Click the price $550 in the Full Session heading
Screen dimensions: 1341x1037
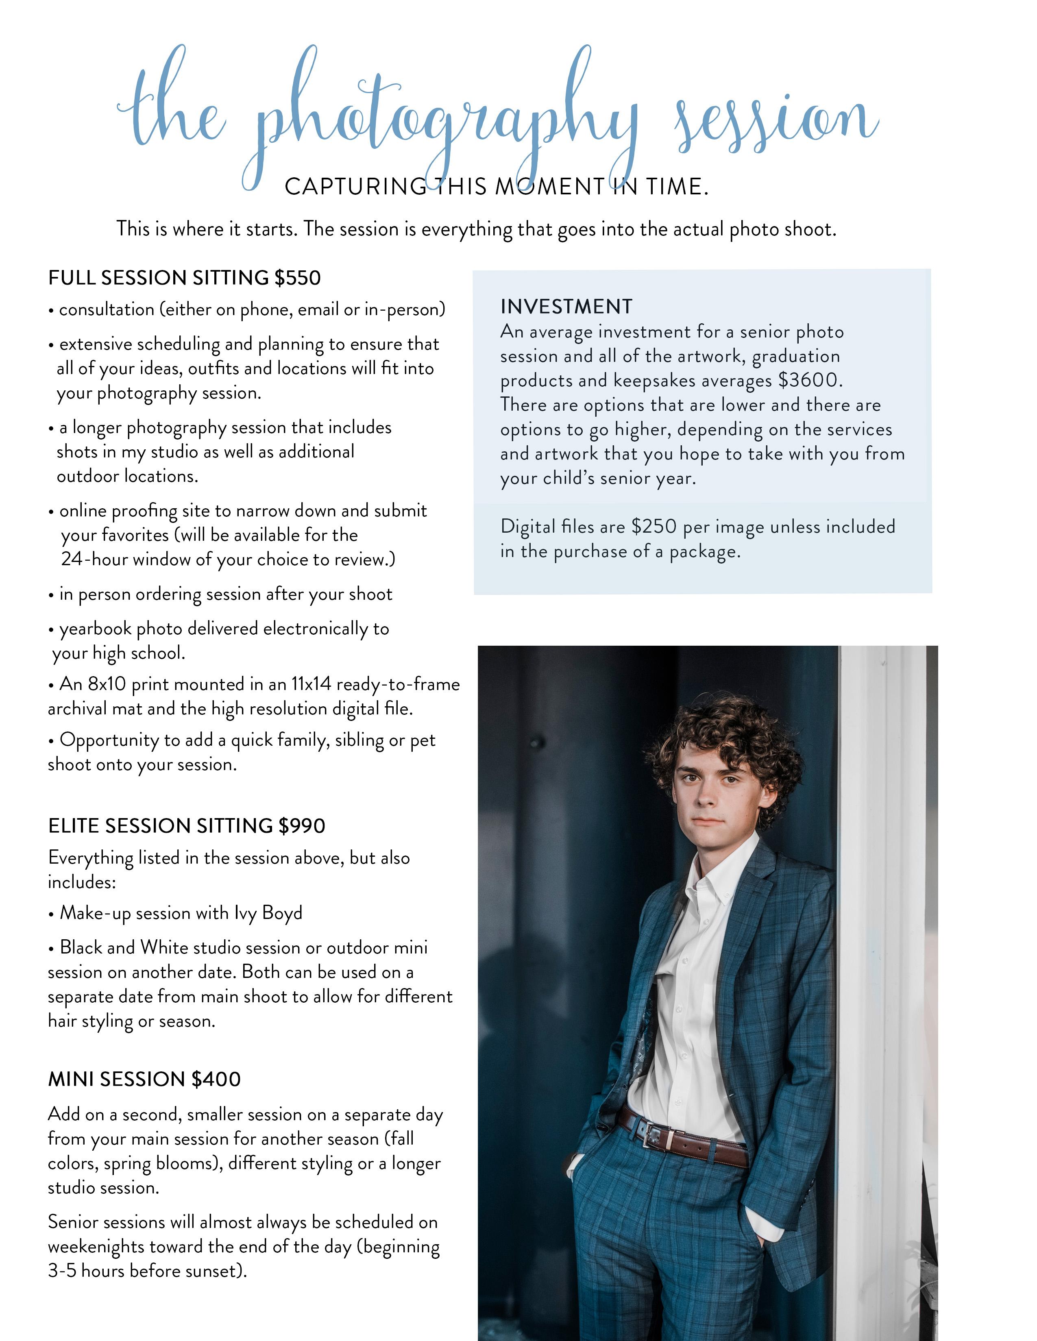pos(297,278)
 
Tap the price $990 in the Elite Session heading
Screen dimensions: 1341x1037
pos(301,826)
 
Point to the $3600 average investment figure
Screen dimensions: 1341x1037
pos(809,380)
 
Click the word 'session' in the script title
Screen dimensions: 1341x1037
pos(777,120)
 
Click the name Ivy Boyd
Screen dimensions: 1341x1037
pos(268,913)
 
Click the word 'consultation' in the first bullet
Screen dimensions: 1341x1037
pos(106,309)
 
